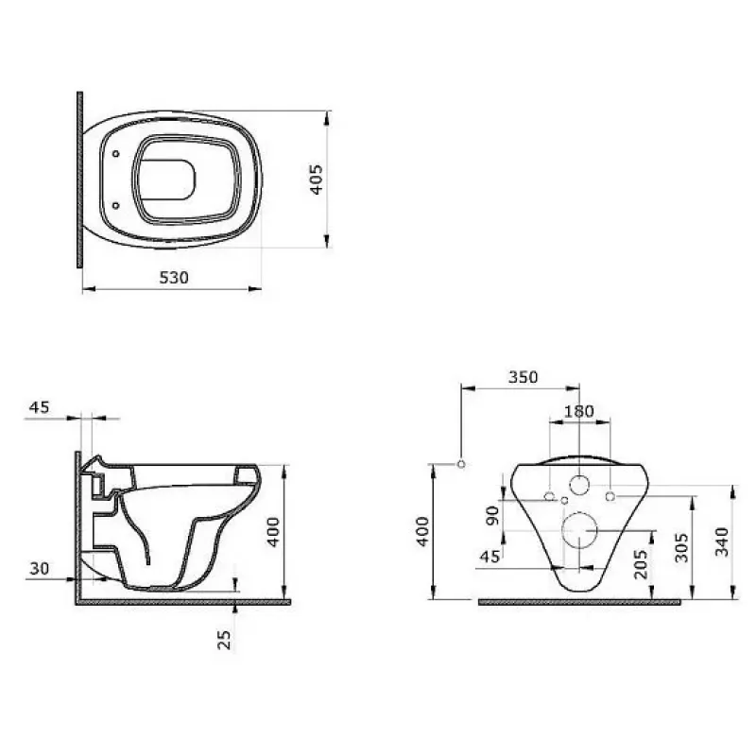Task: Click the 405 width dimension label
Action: pyautogui.click(x=317, y=180)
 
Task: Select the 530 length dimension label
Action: pyautogui.click(x=174, y=278)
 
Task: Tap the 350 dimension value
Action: pyautogui.click(x=524, y=376)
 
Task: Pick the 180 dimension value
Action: pyautogui.click(x=579, y=411)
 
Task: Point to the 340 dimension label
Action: pyautogui.click(x=722, y=541)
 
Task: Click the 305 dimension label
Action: pyautogui.click(x=681, y=548)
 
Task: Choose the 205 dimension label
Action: pyautogui.click(x=641, y=564)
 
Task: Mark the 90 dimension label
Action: pyautogui.click(x=492, y=516)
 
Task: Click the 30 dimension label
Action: pyautogui.click(x=40, y=569)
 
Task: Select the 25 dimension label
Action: pyautogui.click(x=224, y=640)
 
